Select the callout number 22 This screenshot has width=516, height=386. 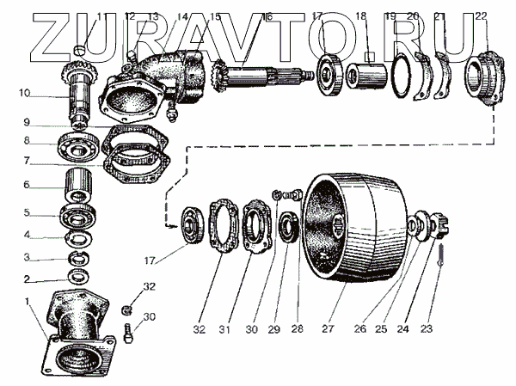pos(480,16)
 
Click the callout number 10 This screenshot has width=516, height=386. pos(24,93)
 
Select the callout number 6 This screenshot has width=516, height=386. pos(27,185)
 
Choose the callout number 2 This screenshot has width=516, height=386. pos(27,279)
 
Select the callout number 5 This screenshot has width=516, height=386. pos(27,212)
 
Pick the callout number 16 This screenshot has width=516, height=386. pos(267,16)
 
